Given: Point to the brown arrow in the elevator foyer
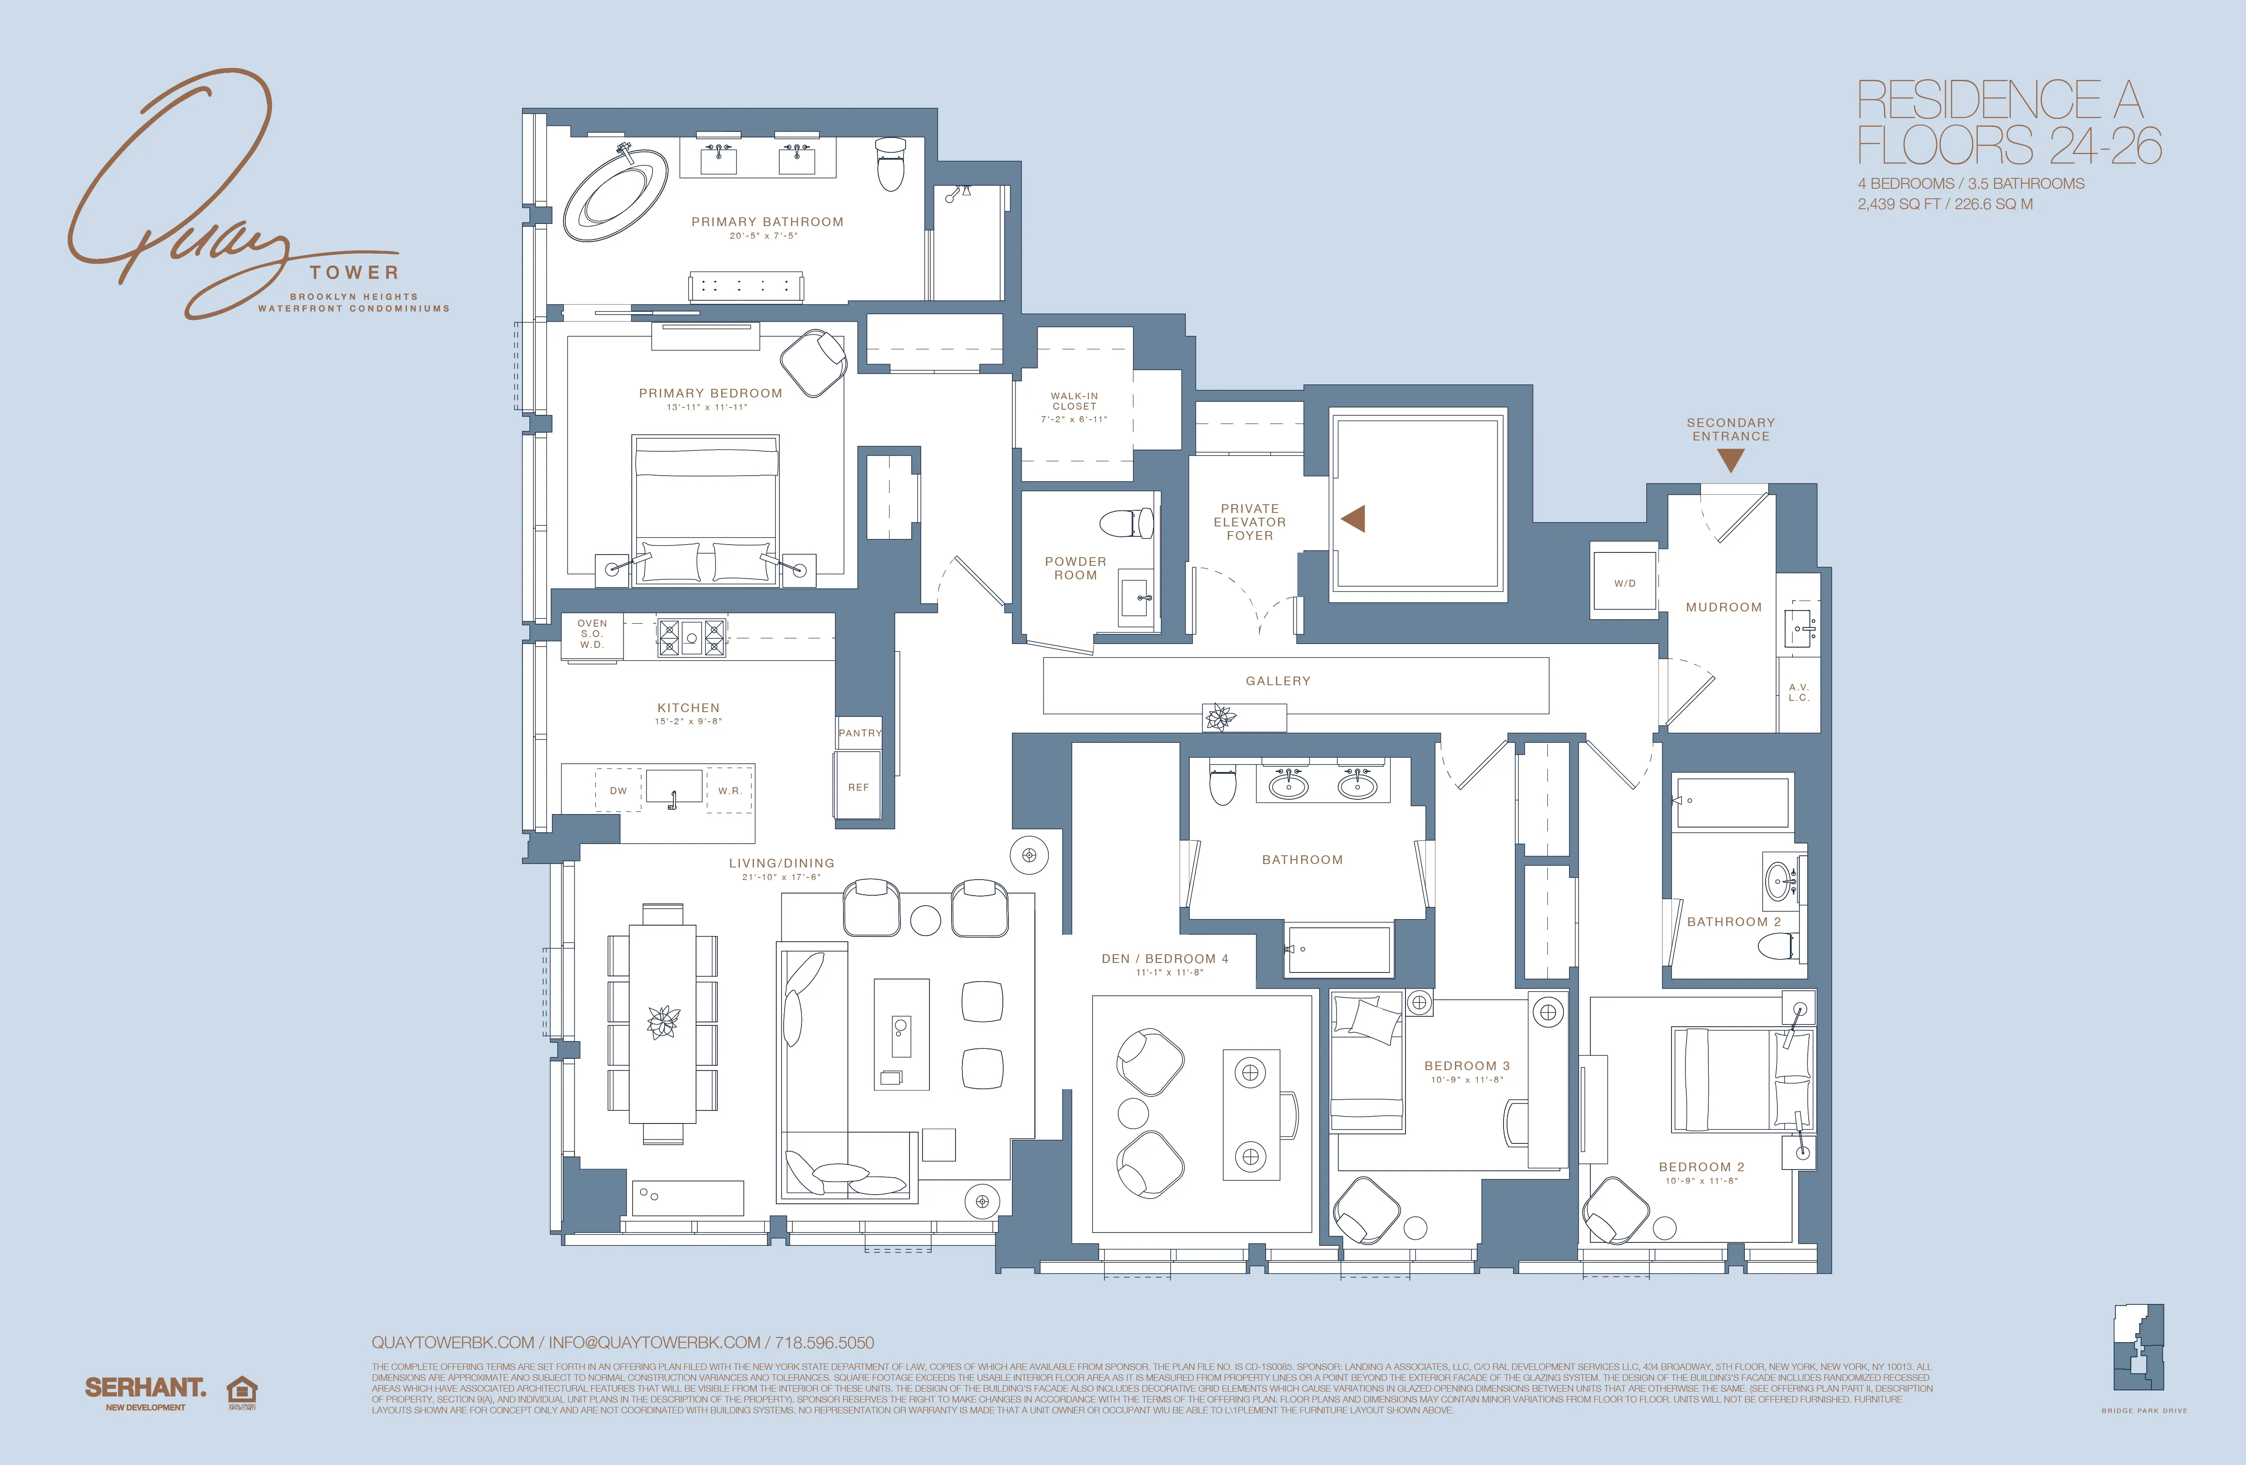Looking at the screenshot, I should (x=1353, y=518).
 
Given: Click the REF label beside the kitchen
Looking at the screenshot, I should (x=858, y=786).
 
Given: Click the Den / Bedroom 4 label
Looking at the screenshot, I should (x=1165, y=958).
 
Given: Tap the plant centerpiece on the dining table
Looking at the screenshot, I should (x=663, y=1022).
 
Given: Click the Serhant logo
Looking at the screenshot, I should (x=145, y=1388).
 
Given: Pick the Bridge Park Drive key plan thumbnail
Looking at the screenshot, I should (x=2138, y=1347).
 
